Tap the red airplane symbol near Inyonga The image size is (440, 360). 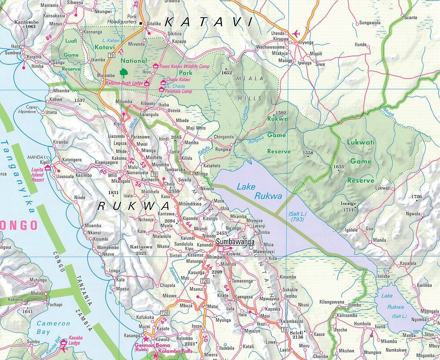[x=295, y=33]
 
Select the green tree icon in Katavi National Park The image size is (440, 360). [x=123, y=72]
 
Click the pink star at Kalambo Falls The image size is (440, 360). [x=155, y=356]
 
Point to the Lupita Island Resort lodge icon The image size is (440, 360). [x=48, y=167]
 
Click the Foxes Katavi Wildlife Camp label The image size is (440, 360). [x=185, y=67]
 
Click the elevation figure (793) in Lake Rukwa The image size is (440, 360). [x=297, y=220]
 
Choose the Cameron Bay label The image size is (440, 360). [x=53, y=327]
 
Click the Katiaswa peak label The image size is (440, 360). [x=141, y=247]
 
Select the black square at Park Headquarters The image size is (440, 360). [x=141, y=24]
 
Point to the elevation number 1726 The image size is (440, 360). [x=416, y=197]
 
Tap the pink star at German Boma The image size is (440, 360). [x=145, y=339]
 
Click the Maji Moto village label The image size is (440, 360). [x=196, y=128]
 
